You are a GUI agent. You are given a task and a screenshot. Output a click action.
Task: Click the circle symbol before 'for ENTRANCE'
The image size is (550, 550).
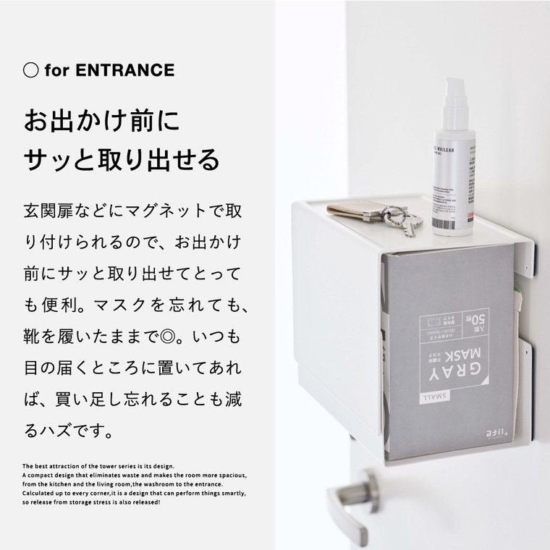click(30, 70)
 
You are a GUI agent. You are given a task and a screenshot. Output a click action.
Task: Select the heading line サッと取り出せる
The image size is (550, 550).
click(122, 156)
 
